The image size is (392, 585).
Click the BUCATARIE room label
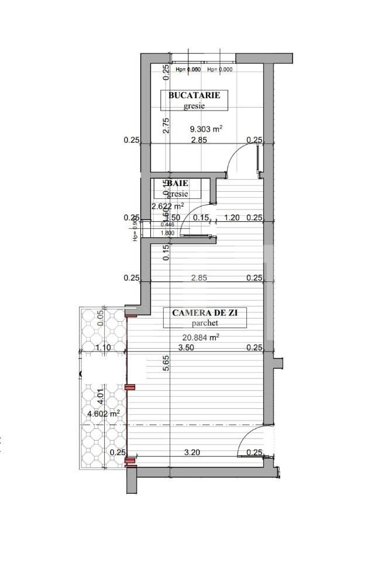pyautogui.click(x=194, y=95)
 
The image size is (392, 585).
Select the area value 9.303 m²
pyautogui.click(x=205, y=129)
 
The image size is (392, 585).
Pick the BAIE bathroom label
pyautogui.click(x=178, y=183)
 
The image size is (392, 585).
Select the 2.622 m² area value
pyautogui.click(x=168, y=206)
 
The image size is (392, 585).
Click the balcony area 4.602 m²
pyautogui.click(x=104, y=413)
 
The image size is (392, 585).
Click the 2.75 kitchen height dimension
pyautogui.click(x=166, y=125)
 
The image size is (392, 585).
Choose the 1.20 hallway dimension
pyautogui.click(x=232, y=218)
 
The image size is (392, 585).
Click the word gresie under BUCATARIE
pyautogui.click(x=194, y=106)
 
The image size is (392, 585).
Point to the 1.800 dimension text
pyautogui.click(x=168, y=232)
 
